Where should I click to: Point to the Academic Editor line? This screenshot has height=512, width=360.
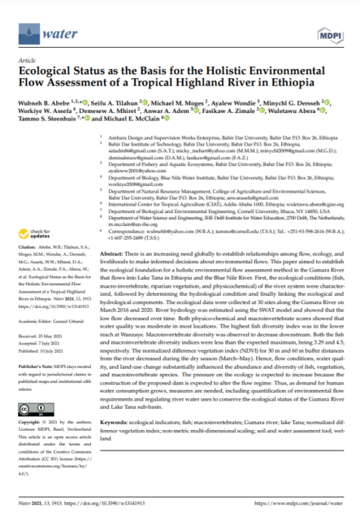(x=45, y=321)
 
